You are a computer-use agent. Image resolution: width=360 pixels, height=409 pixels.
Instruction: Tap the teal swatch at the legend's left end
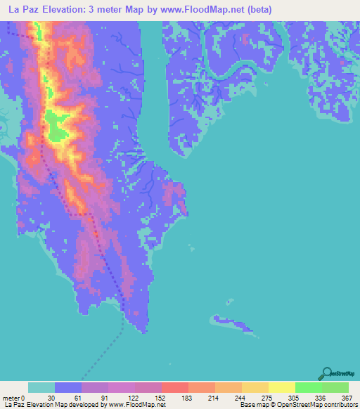coord(41,387)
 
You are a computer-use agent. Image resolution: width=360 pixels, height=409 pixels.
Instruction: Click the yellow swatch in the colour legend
coord(281,387)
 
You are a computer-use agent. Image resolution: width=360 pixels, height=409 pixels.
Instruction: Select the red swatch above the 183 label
coord(175,387)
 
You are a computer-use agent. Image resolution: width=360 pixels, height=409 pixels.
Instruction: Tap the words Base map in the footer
coord(252,404)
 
